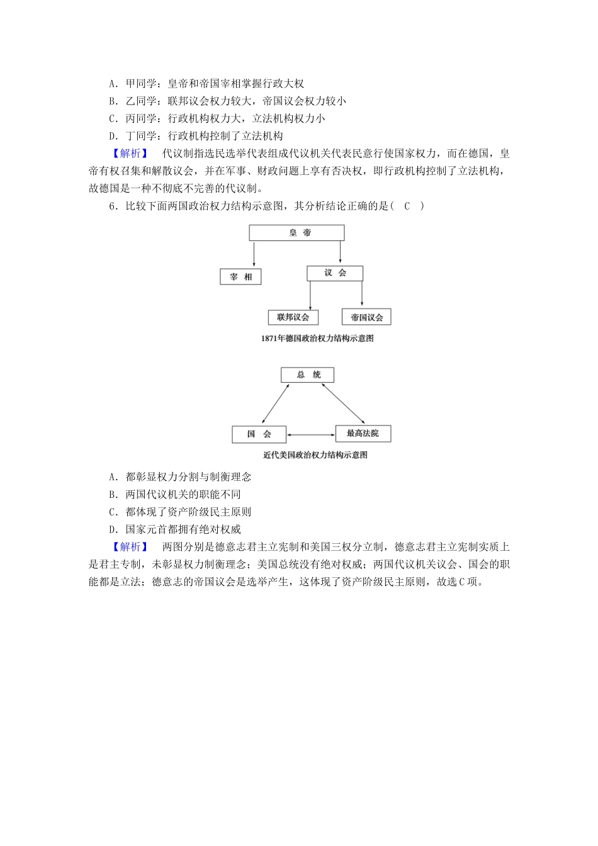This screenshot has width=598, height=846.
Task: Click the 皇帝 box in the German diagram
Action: pos(296,233)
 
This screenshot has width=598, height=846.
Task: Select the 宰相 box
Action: pos(240,277)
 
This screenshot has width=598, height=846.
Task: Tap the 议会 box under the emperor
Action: pos(335,273)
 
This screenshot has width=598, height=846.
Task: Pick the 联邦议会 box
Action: pos(293,317)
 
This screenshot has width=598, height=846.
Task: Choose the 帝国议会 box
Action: pos(366,317)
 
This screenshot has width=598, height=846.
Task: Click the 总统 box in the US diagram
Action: pos(307,375)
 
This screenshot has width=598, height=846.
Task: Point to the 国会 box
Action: pos(259,434)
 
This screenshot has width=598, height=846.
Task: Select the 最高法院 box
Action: pos(363,434)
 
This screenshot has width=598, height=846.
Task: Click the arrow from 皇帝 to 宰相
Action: pos(254,254)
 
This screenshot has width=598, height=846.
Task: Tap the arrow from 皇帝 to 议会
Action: pos(340,252)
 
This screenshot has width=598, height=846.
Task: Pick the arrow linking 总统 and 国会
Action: pos(276,403)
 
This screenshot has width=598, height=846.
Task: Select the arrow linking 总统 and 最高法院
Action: pos(343,403)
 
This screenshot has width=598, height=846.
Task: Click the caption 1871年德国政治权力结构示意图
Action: pos(317,339)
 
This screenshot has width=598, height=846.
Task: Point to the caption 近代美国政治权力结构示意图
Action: pos(315,455)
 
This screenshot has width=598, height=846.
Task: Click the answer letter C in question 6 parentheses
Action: pos(407,206)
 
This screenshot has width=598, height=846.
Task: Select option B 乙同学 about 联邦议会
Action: pos(227,101)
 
